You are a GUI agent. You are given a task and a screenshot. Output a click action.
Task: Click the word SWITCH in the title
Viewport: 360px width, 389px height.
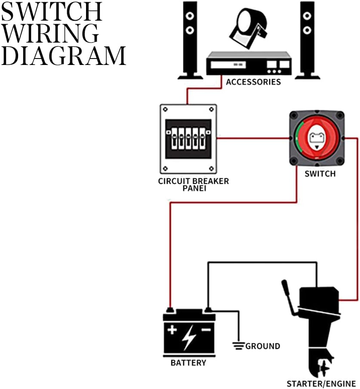52,13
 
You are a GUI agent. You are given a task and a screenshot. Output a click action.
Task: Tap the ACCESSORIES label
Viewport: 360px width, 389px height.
253,82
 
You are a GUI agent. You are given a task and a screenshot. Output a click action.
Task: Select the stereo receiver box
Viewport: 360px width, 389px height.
249,64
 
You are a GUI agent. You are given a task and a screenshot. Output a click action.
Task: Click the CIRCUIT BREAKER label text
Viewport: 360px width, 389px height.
193,181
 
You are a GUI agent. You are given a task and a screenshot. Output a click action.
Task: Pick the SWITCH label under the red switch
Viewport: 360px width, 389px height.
320,174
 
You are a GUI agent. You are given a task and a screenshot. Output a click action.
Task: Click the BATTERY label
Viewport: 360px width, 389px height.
188,362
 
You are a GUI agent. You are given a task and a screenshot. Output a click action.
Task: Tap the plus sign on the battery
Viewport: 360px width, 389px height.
172,330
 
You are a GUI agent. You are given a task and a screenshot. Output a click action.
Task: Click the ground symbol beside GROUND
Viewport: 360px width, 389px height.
237,345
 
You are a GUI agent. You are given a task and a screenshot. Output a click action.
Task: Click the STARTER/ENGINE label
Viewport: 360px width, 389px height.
321,383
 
